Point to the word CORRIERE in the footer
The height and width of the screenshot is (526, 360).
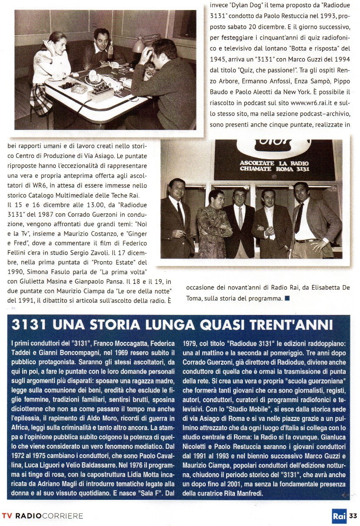(x=63, y=516)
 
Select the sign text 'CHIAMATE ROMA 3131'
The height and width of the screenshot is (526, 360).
(x=275, y=169)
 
